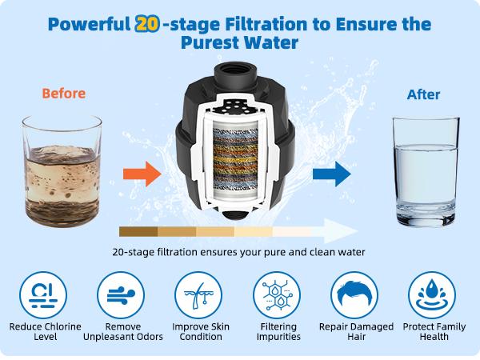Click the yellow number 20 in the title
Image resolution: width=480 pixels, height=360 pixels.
[x=146, y=24]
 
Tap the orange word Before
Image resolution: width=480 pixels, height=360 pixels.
[x=64, y=94]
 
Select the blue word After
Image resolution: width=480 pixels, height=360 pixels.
[x=423, y=94]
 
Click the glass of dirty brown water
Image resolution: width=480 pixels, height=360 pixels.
[x=62, y=171]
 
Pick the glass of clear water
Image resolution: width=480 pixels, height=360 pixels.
[x=426, y=171]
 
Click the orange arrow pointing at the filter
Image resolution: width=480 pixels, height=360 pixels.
[x=142, y=174]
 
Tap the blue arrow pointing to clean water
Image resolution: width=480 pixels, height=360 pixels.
[x=331, y=174]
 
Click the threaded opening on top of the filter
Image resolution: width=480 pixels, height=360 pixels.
[x=234, y=73]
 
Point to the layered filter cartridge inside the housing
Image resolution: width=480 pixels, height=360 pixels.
[x=235, y=159]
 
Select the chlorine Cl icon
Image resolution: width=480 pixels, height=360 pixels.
[x=43, y=295]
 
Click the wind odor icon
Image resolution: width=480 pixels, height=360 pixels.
[x=121, y=295]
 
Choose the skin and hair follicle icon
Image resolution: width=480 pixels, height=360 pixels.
[x=198, y=295]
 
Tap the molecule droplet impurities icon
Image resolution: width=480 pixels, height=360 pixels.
[x=277, y=295]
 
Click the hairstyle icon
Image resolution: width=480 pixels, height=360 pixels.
[x=354, y=295]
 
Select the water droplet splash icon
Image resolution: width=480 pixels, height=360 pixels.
[x=432, y=295]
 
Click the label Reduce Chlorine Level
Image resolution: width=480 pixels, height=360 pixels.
[x=46, y=331]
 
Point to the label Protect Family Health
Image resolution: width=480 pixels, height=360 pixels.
[x=434, y=331]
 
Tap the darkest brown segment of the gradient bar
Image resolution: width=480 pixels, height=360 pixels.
[x=138, y=232]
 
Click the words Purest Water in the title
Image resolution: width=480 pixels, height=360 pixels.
[x=239, y=42]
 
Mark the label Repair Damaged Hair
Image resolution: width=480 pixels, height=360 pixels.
[x=356, y=331]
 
